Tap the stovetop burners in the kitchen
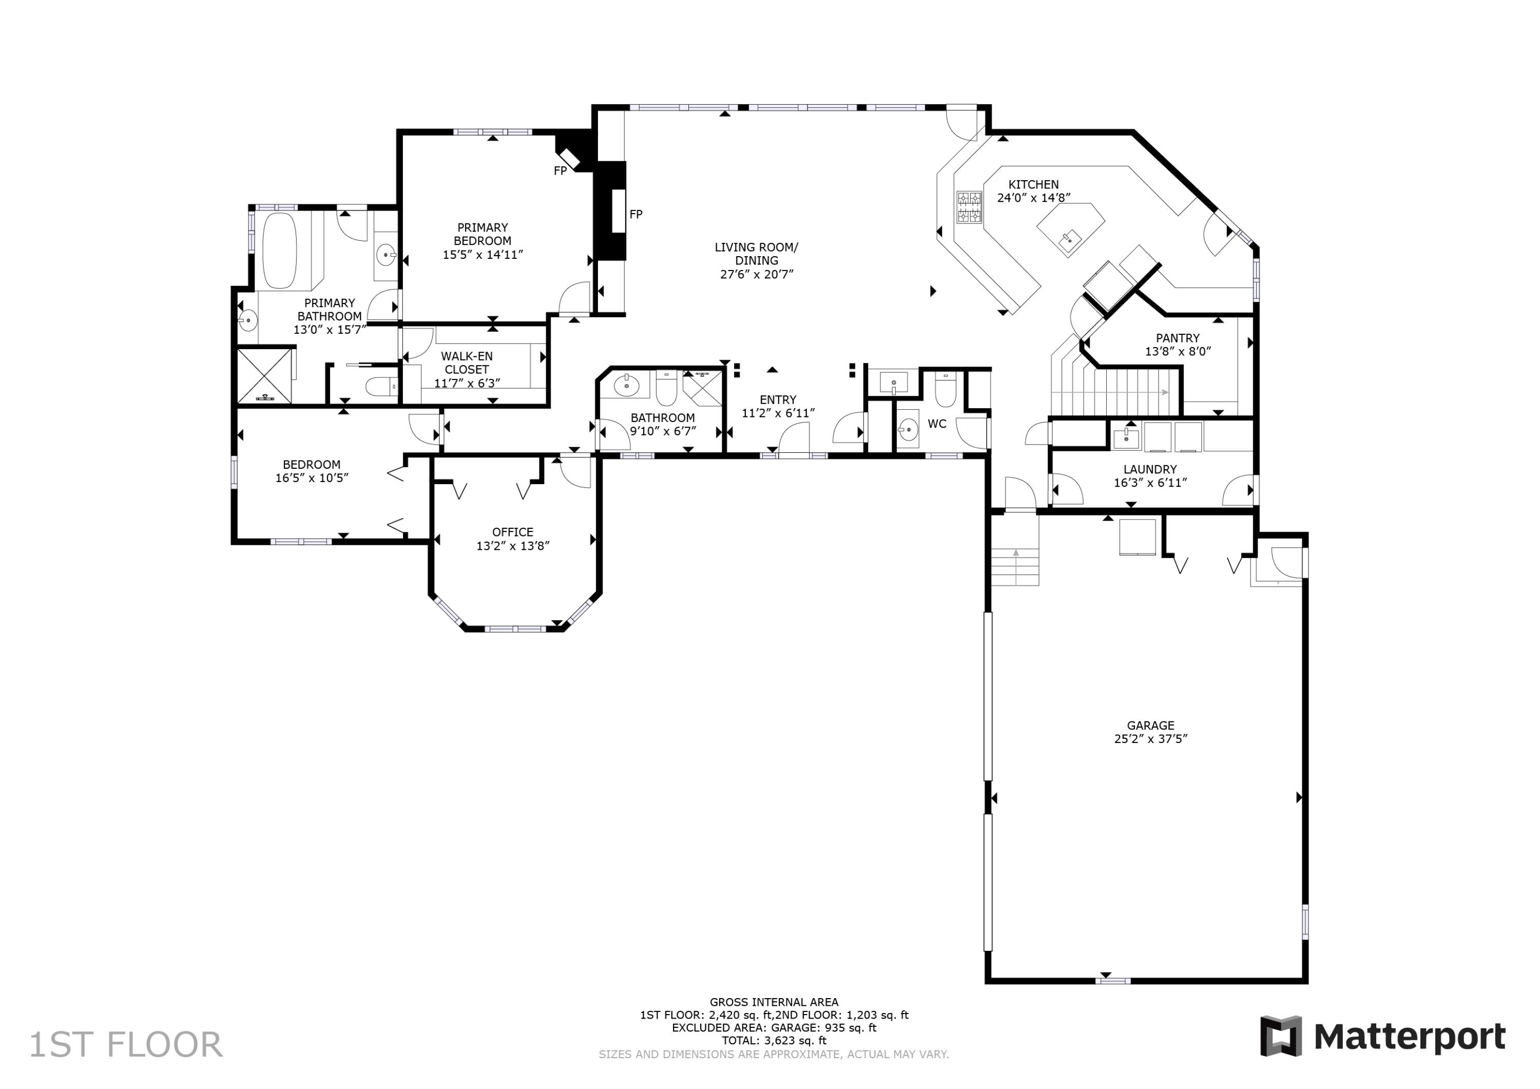point(969,207)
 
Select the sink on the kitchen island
point(1070,237)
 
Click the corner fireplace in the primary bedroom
point(571,155)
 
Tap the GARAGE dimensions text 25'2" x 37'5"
point(1150,739)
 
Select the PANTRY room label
point(1177,338)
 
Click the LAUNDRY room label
point(1150,470)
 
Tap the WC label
point(936,424)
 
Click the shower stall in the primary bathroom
point(264,376)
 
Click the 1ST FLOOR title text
point(125,1045)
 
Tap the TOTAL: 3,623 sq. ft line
point(774,1041)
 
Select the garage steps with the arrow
point(1015,567)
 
